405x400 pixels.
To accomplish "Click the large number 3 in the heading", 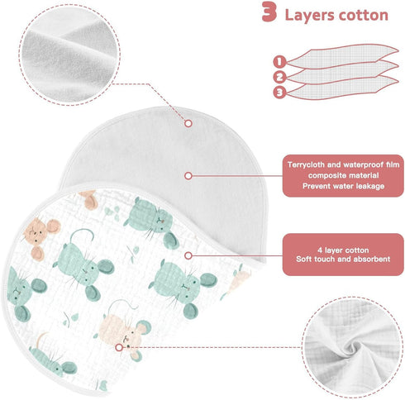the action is pos(269,12).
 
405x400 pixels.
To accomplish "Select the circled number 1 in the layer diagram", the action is pos(279,61).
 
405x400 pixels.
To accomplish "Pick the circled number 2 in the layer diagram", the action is pos(279,77).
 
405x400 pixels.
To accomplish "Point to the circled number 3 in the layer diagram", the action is pos(279,93).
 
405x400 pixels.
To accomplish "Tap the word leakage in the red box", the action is pos(370,186).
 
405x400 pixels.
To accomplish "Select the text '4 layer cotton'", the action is pos(343,250).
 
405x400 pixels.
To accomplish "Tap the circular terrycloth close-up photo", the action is pos(69,55).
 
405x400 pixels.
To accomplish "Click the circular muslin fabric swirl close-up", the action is pos(353,348).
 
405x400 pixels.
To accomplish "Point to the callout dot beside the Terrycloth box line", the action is pos(188,176).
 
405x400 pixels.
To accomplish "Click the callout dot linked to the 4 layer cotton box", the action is pos(188,255).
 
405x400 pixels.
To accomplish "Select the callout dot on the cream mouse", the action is pos(119,347).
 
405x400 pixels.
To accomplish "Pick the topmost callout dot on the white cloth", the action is pos(188,123).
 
